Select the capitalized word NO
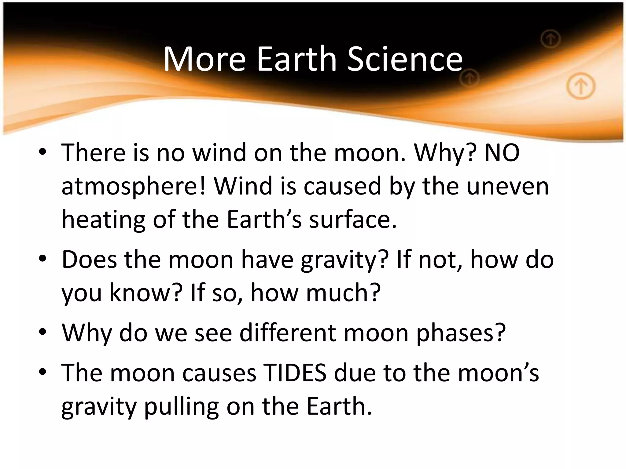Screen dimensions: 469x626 click(x=502, y=153)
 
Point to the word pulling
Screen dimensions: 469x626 click(x=181, y=406)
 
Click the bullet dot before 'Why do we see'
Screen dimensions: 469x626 click(x=43, y=332)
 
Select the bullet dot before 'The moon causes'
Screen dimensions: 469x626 click(x=43, y=372)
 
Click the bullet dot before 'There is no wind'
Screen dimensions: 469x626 click(x=43, y=152)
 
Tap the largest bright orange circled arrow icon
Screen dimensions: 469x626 click(x=581, y=87)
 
